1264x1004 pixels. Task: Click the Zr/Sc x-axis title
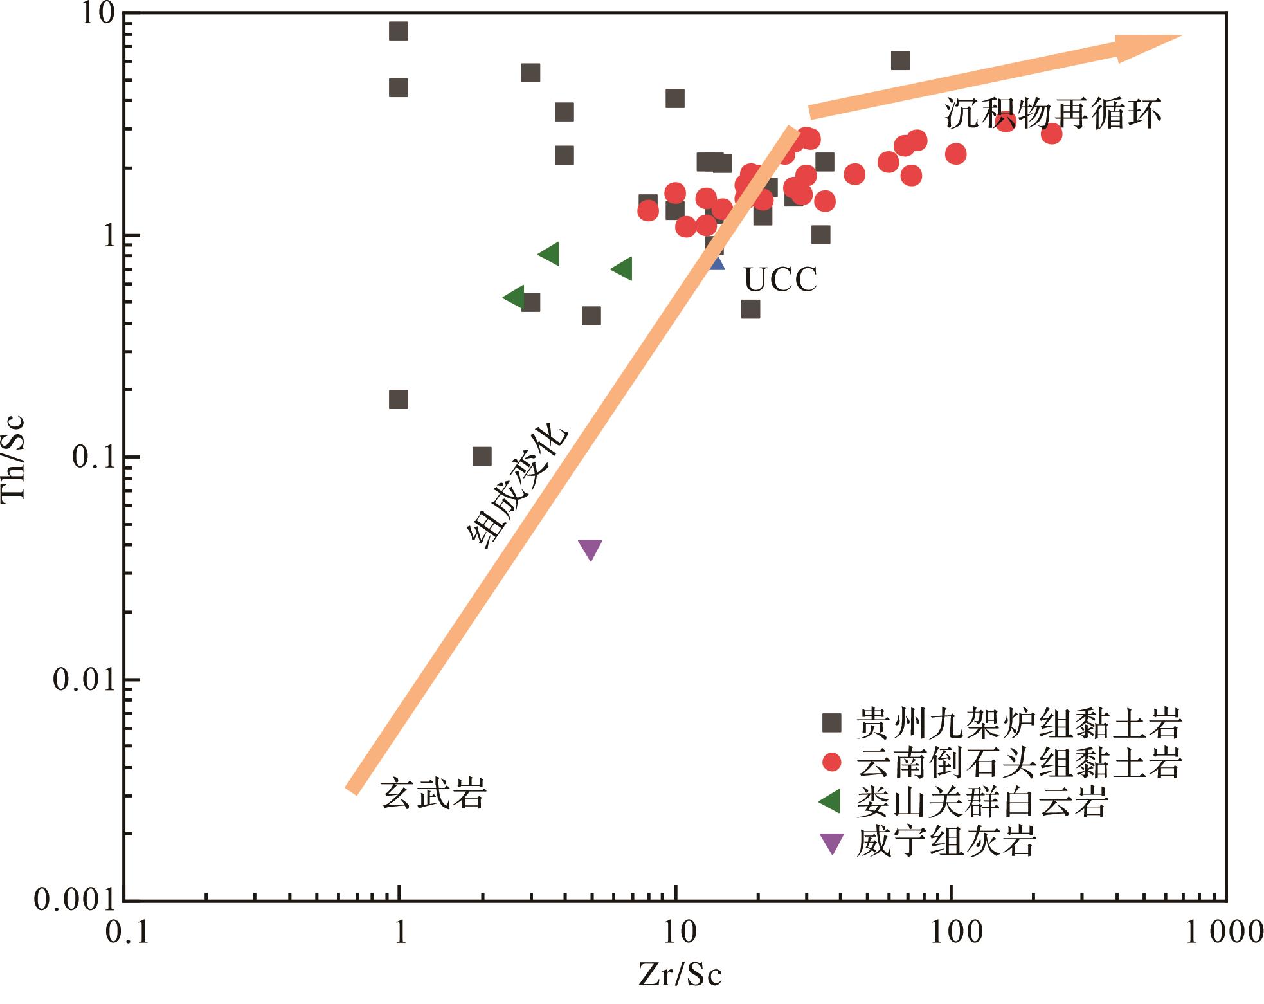click(681, 975)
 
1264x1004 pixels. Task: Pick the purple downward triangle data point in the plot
click(590, 549)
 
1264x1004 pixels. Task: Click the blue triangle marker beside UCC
click(717, 262)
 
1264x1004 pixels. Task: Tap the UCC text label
click(780, 280)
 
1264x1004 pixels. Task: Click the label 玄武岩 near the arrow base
click(433, 793)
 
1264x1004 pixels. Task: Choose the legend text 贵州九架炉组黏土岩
click(1019, 724)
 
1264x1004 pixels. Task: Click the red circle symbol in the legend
click(833, 762)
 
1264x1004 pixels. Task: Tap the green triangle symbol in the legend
click(831, 801)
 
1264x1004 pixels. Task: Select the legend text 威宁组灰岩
click(946, 842)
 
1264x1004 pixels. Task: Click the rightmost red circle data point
click(1051, 134)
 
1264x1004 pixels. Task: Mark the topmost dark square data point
click(399, 31)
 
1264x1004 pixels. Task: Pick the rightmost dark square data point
click(900, 60)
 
